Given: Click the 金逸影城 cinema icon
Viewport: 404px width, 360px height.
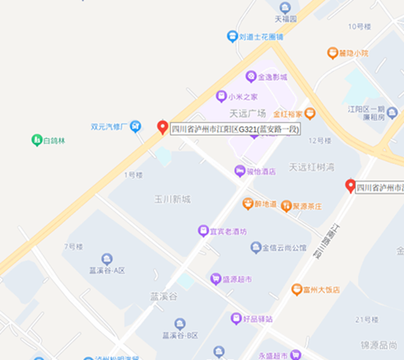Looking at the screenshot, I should coord(251,77).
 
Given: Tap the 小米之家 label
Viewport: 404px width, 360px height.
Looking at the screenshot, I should coord(243,96).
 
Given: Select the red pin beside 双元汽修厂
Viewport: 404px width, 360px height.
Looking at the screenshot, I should coord(162,126).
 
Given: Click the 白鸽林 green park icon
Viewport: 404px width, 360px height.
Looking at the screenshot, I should coord(37,140).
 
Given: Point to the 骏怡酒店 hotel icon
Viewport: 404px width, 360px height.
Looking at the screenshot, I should coord(239,171).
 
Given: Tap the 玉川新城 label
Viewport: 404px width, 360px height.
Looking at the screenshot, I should coord(172,199).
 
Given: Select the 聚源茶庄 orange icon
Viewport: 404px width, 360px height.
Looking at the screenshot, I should coord(287,206).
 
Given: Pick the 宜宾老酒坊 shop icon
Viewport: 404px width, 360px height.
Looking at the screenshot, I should coord(203,231).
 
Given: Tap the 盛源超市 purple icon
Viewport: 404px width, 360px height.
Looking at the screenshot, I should coord(215,278).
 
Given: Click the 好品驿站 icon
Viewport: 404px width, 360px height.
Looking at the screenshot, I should coord(236,318).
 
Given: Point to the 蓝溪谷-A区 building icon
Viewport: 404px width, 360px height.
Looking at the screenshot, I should coord(107,258).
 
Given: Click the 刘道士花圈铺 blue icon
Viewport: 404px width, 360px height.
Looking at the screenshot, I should coord(232,37).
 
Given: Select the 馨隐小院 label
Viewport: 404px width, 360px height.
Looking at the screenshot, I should coord(352,54).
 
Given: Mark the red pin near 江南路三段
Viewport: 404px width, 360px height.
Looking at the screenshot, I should coord(350,185).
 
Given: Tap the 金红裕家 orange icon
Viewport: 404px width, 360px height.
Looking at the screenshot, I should coord(309,114).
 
